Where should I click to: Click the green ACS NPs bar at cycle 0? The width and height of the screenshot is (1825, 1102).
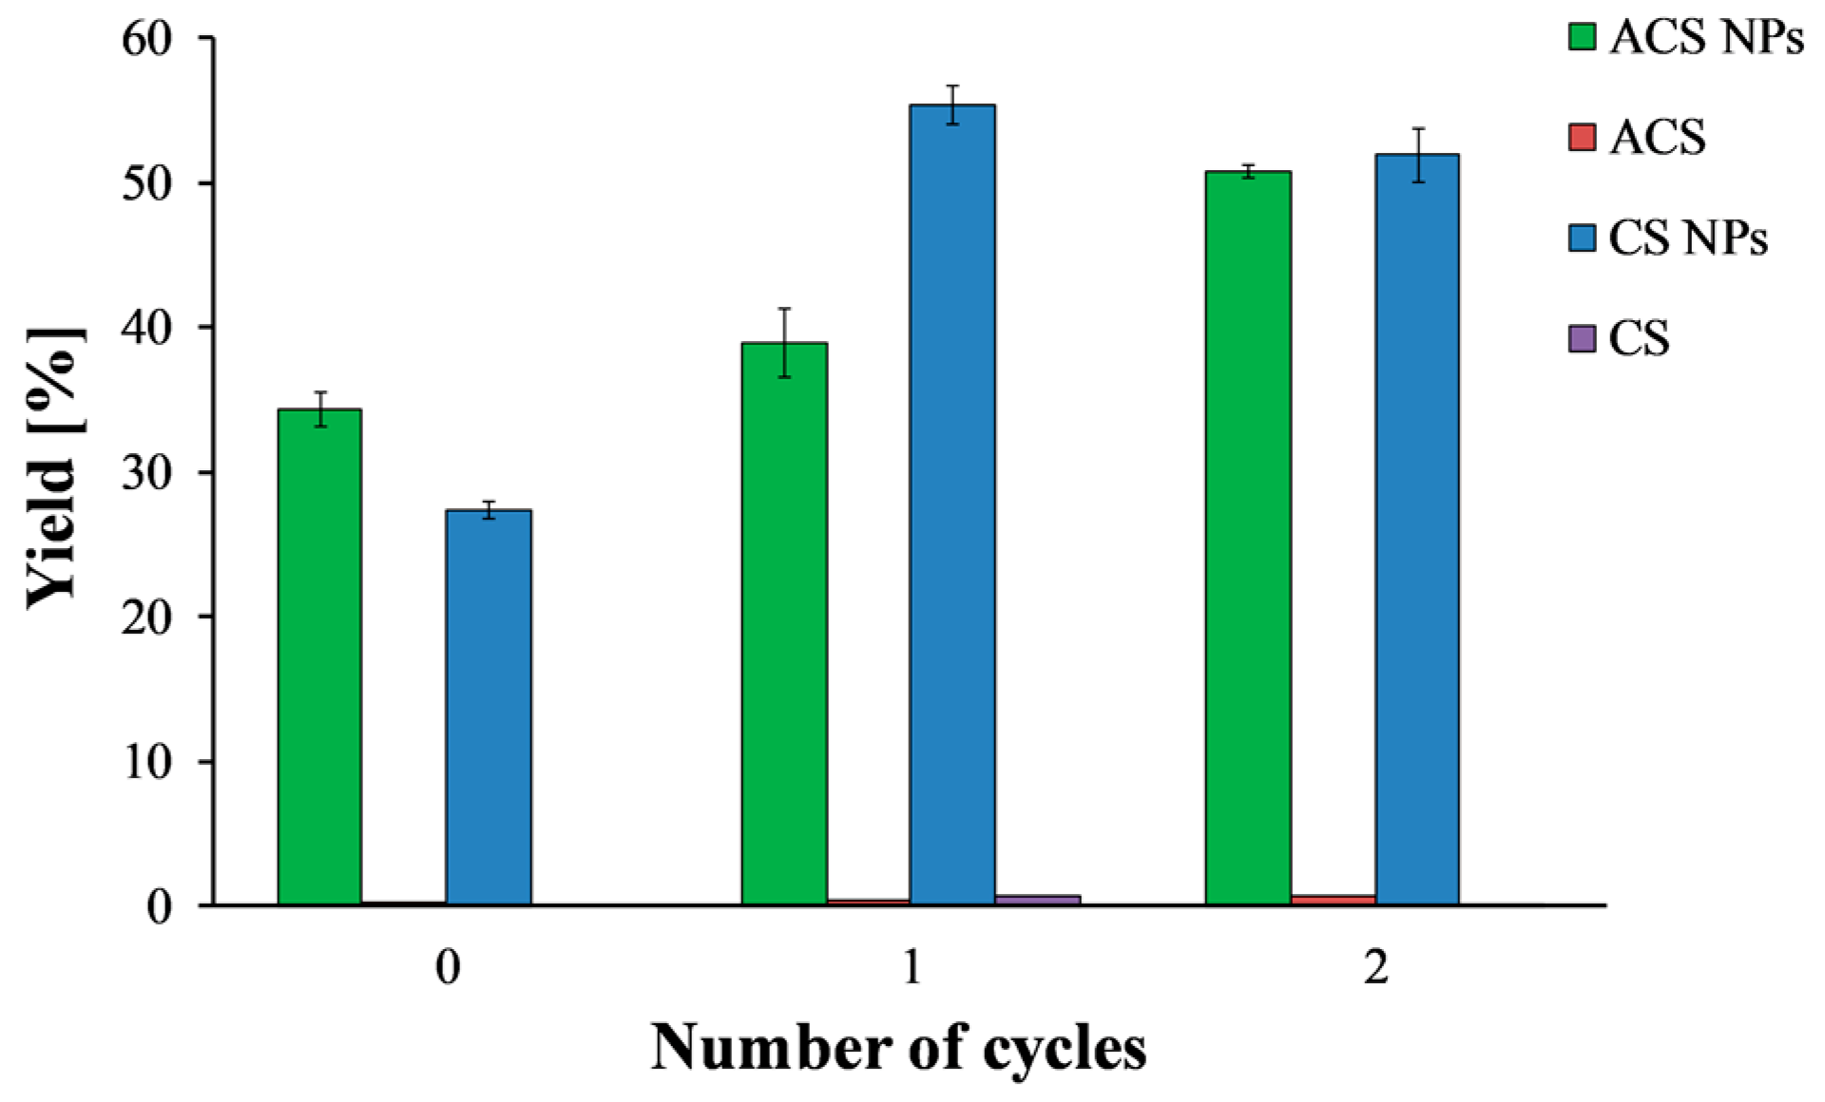coord(319,655)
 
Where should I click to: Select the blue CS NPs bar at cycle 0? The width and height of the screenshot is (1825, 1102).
coord(489,708)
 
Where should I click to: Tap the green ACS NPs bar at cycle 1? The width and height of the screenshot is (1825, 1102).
coord(784,622)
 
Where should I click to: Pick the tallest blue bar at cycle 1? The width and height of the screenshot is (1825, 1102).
coord(952,503)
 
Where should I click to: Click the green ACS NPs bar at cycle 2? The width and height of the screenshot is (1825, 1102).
coord(1248,537)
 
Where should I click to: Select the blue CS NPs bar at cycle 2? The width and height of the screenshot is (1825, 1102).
coord(1417,527)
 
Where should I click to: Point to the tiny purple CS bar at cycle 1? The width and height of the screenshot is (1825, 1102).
coord(1037,899)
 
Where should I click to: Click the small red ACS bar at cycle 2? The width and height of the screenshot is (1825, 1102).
coord(1333,899)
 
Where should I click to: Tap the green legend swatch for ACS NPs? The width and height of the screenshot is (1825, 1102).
coord(1582,37)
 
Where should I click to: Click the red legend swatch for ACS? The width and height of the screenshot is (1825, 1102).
coord(1582,137)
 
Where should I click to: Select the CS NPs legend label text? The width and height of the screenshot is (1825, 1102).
coord(1688,237)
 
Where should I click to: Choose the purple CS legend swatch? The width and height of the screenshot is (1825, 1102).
coord(1582,338)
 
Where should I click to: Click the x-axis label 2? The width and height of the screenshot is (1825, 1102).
coord(1375,968)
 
